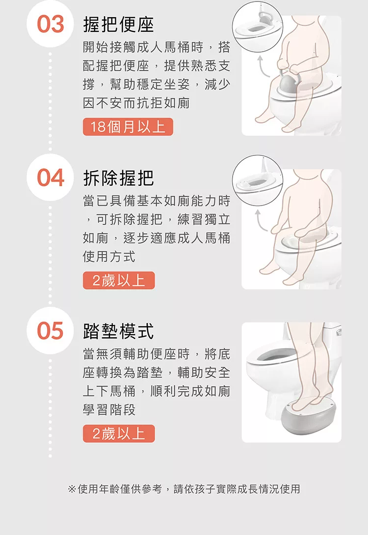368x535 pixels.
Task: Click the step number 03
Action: (51, 24)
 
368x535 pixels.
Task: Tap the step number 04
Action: (51, 178)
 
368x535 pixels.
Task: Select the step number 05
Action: (51, 330)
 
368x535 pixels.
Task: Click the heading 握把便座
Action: (118, 25)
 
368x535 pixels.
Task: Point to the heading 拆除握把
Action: (118, 178)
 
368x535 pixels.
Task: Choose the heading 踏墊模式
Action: (118, 331)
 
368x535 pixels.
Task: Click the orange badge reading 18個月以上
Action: (128, 127)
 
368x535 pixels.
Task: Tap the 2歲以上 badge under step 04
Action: (119, 280)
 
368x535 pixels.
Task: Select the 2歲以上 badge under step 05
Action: (119, 434)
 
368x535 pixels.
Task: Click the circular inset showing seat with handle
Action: (257, 27)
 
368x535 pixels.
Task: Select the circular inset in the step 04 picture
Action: (257, 180)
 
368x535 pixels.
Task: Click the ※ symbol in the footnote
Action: (72, 489)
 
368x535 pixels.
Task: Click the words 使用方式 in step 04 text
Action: (109, 257)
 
